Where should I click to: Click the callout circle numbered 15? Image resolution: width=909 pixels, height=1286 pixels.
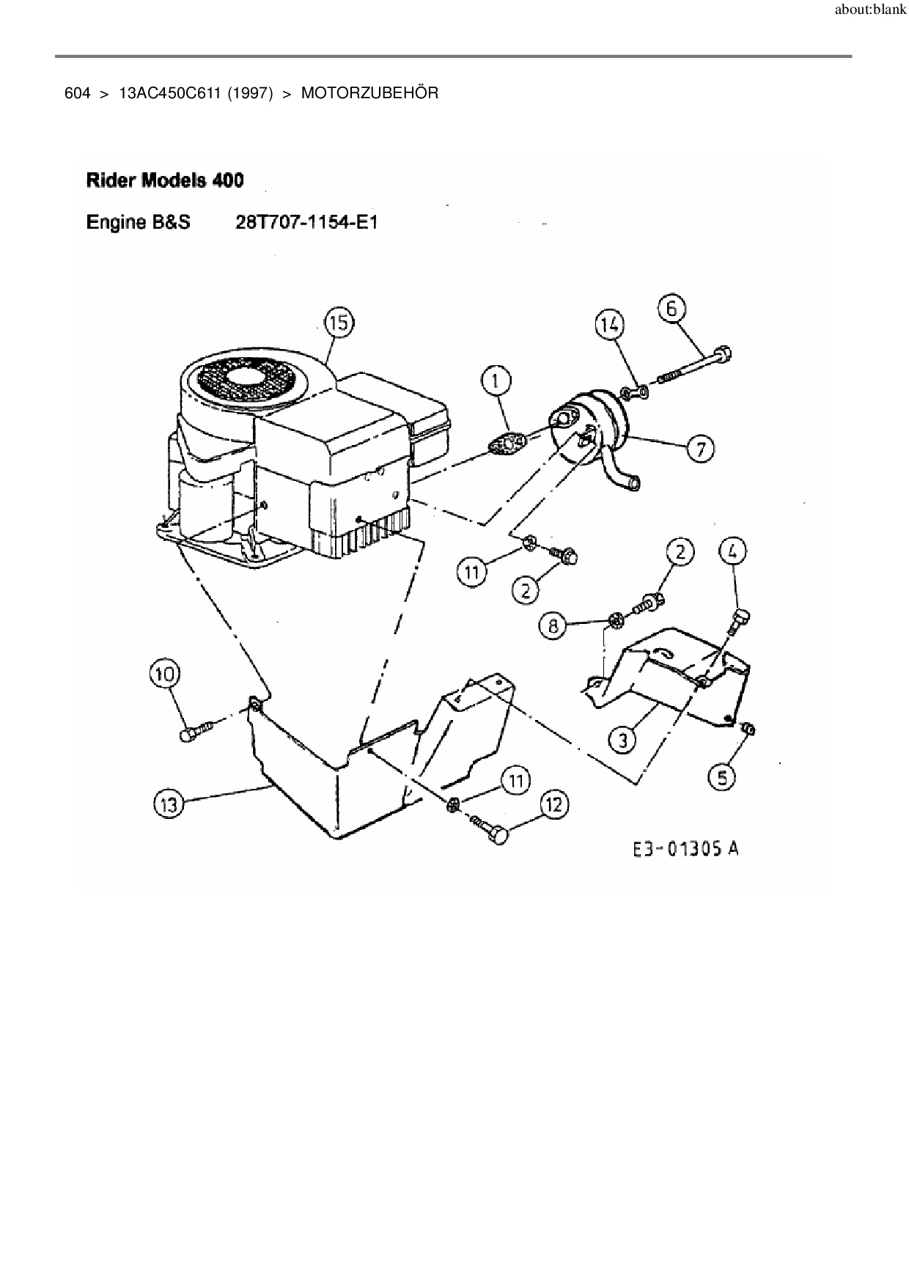pos(339,322)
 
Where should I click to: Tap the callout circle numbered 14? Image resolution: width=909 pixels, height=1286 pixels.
pos(609,323)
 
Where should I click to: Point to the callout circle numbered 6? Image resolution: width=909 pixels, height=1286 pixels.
pos(671,308)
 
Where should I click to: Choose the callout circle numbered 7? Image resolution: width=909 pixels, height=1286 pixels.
pos(701,448)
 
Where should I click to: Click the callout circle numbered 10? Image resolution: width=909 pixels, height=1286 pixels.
pos(165,673)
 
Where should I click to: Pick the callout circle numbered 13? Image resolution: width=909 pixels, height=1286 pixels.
pos(169,804)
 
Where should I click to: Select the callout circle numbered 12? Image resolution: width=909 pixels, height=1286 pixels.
pos(554,805)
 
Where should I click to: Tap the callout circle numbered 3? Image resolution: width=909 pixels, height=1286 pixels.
pos(623,739)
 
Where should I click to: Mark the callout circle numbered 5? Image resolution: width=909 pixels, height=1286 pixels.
pos(723,776)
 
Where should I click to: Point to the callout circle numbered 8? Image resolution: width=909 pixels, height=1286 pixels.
pos(553,625)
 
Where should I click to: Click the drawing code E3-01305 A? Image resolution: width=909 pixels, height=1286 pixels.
pos(685,849)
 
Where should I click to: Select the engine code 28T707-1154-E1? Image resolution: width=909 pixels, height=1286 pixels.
pos(306,221)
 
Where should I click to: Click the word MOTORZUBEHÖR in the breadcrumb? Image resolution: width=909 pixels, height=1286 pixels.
pos(369,94)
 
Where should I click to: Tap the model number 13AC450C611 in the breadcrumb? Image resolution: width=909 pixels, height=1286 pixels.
pos(169,94)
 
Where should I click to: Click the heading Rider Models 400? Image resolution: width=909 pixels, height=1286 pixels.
pos(165,180)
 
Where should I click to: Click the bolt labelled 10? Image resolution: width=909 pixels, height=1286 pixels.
pos(194,731)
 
